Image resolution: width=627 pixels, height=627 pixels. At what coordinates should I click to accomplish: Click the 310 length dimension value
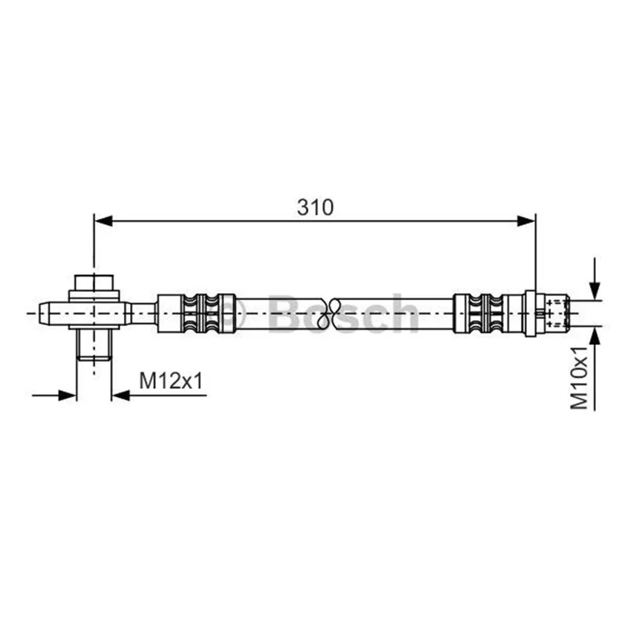click(315, 207)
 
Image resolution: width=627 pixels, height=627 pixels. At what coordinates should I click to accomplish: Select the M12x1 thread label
click(171, 380)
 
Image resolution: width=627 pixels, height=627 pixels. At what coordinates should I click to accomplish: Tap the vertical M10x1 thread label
click(579, 378)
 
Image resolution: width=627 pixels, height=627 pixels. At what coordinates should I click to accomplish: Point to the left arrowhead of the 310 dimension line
click(103, 221)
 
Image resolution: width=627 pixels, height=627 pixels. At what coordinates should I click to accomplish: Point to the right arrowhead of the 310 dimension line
click(526, 221)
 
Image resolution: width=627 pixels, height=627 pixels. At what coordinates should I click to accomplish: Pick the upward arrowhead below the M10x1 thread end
click(595, 335)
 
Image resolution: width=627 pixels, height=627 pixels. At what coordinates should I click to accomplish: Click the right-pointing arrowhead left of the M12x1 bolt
click(67, 396)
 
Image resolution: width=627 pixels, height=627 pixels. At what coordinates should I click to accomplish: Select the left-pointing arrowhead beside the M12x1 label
click(121, 396)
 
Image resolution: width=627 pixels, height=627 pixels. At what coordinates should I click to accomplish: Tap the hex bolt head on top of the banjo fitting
click(94, 282)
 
